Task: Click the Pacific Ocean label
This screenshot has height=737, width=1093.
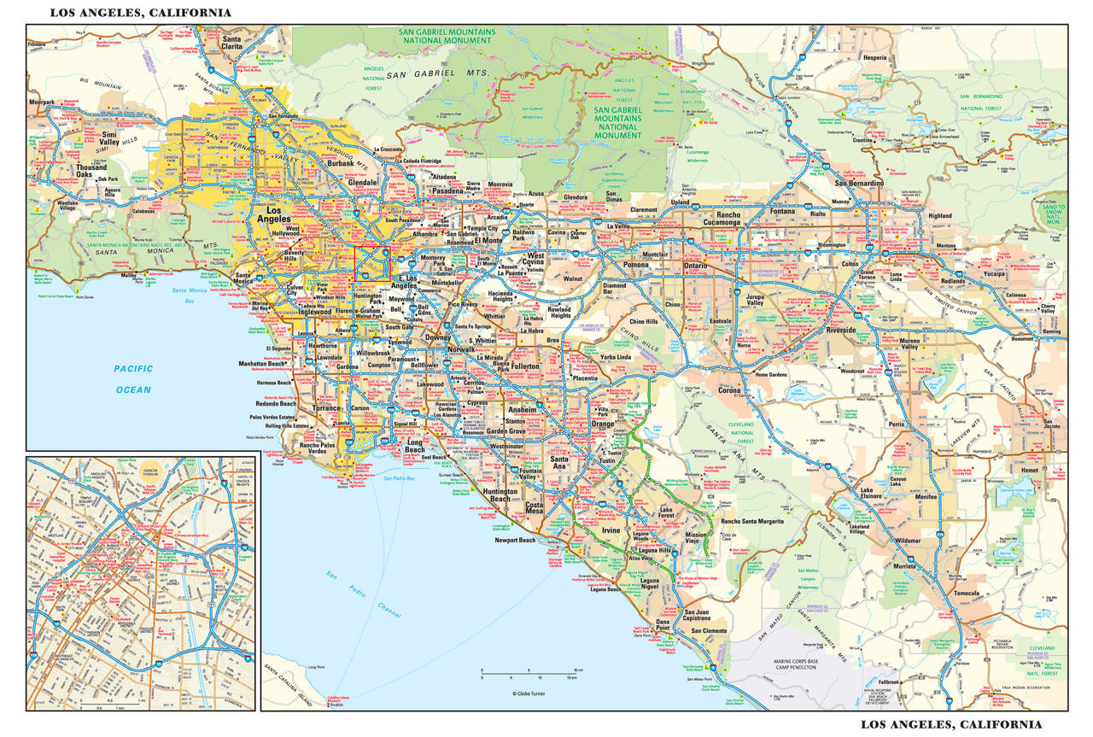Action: (x=133, y=379)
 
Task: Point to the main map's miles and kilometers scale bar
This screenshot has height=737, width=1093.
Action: (x=530, y=676)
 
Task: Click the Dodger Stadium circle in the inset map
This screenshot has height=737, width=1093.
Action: (x=152, y=472)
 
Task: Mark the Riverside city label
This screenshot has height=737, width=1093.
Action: (x=840, y=330)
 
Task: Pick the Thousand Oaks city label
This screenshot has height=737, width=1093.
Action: (x=91, y=172)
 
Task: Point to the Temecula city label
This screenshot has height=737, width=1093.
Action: (x=966, y=593)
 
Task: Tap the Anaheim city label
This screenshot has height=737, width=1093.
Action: (x=522, y=409)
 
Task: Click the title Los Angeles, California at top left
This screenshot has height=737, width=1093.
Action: (x=141, y=13)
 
